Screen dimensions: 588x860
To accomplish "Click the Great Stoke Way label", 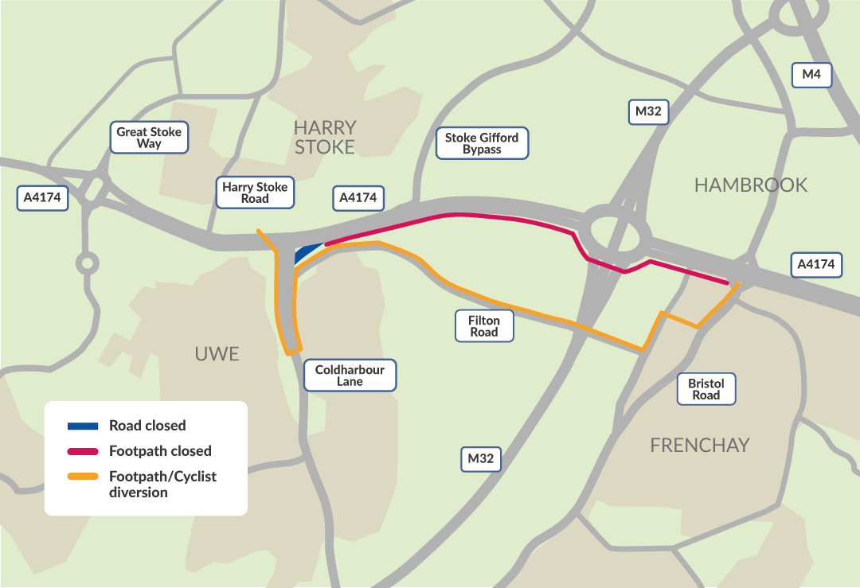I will [x=149, y=138].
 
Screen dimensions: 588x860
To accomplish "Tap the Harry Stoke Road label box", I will [x=255, y=193].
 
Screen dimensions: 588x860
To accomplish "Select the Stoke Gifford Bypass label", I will [x=482, y=143].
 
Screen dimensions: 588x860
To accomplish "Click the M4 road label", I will [x=811, y=75].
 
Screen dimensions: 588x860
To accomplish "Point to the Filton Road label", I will [x=484, y=326].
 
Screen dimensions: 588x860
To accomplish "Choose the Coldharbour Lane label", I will [x=350, y=376].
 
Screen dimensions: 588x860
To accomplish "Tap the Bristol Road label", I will [x=706, y=389].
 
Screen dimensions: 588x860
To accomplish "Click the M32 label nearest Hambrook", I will [x=648, y=111].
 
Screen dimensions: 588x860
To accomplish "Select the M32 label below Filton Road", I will [x=481, y=459].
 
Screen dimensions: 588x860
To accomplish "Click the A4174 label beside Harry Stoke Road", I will [x=358, y=197].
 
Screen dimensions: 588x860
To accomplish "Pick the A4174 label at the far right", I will [x=816, y=264].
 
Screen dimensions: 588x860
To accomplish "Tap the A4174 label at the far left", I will [x=42, y=197].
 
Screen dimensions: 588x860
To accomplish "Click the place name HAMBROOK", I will [x=750, y=185].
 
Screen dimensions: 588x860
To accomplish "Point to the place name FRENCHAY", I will [x=699, y=445].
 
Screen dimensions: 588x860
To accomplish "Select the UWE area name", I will [x=217, y=353].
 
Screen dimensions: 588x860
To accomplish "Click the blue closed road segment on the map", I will [x=307, y=252].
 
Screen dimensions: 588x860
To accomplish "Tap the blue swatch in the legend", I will [x=82, y=426].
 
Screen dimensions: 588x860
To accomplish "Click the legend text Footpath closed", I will [x=160, y=451].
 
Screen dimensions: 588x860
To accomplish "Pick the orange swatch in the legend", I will [x=82, y=477].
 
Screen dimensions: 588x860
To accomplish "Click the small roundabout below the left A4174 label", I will [x=86, y=262].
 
